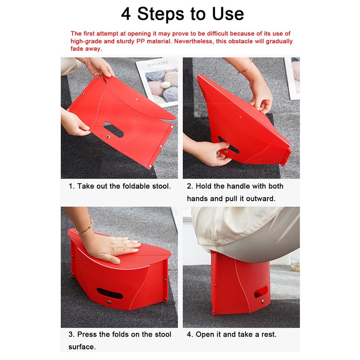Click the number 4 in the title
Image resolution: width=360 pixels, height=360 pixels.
coord(126,14)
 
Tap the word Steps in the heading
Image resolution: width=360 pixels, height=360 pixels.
coord(160,14)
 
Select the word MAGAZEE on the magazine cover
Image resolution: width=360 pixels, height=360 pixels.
coord(158,63)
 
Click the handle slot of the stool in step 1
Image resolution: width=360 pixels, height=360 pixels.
coord(113,130)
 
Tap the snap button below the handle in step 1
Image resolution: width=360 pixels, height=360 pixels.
coord(108,137)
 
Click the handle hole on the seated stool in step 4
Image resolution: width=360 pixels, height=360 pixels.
coord(261,292)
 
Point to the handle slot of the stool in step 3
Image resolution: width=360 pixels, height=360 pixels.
coord(110,293)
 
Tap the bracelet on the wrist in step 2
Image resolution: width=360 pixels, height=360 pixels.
coord(246,66)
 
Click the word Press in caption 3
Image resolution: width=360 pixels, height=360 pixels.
coord(87,334)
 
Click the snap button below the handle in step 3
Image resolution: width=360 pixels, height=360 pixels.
coord(109,302)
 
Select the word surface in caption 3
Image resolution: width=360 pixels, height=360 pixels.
coord(82,347)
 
